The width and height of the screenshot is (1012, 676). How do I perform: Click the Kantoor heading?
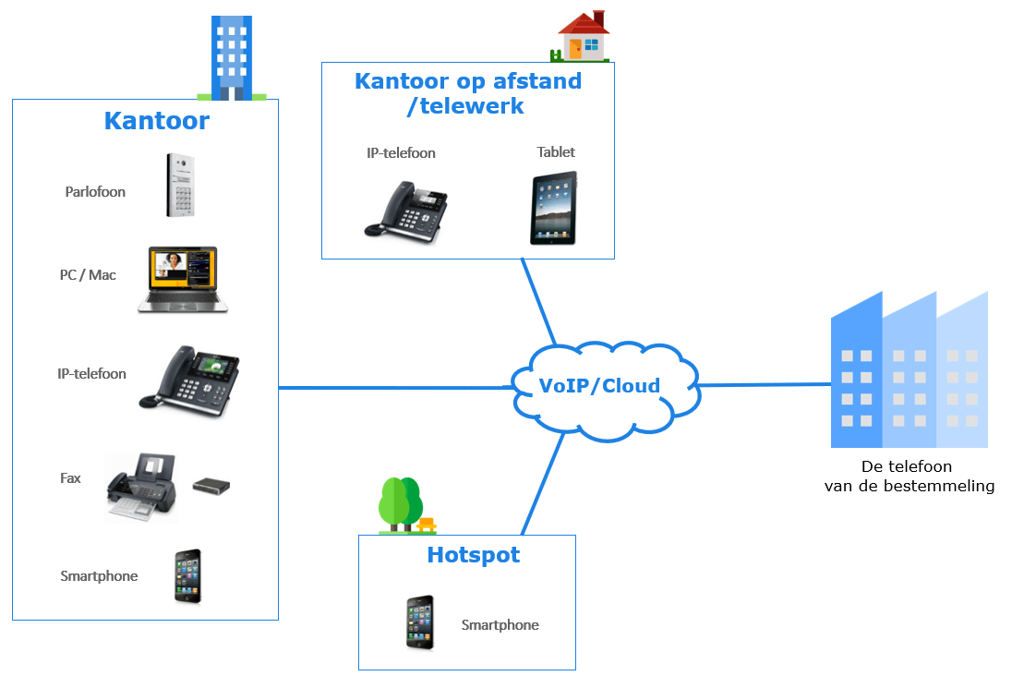point(156,121)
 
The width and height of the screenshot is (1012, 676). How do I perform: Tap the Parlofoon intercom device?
point(181,185)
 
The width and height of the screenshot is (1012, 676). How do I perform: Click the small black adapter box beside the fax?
point(211,486)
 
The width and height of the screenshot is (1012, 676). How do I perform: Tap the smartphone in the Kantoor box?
point(187,576)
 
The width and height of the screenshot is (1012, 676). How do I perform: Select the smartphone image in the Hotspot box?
point(420,622)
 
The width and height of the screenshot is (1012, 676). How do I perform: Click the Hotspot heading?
point(473,555)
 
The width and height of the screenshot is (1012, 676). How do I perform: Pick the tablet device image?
point(553,208)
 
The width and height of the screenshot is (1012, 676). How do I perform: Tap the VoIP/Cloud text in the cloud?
point(599,385)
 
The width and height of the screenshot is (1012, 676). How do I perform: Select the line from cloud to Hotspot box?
point(543,484)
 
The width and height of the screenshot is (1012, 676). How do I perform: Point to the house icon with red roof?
point(584,36)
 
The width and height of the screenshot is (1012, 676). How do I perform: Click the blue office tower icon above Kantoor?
point(231,57)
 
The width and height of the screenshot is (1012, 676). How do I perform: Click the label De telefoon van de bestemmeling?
point(909,476)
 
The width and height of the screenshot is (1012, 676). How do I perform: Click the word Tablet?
point(556,152)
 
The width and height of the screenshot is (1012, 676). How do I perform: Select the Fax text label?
point(70,478)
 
